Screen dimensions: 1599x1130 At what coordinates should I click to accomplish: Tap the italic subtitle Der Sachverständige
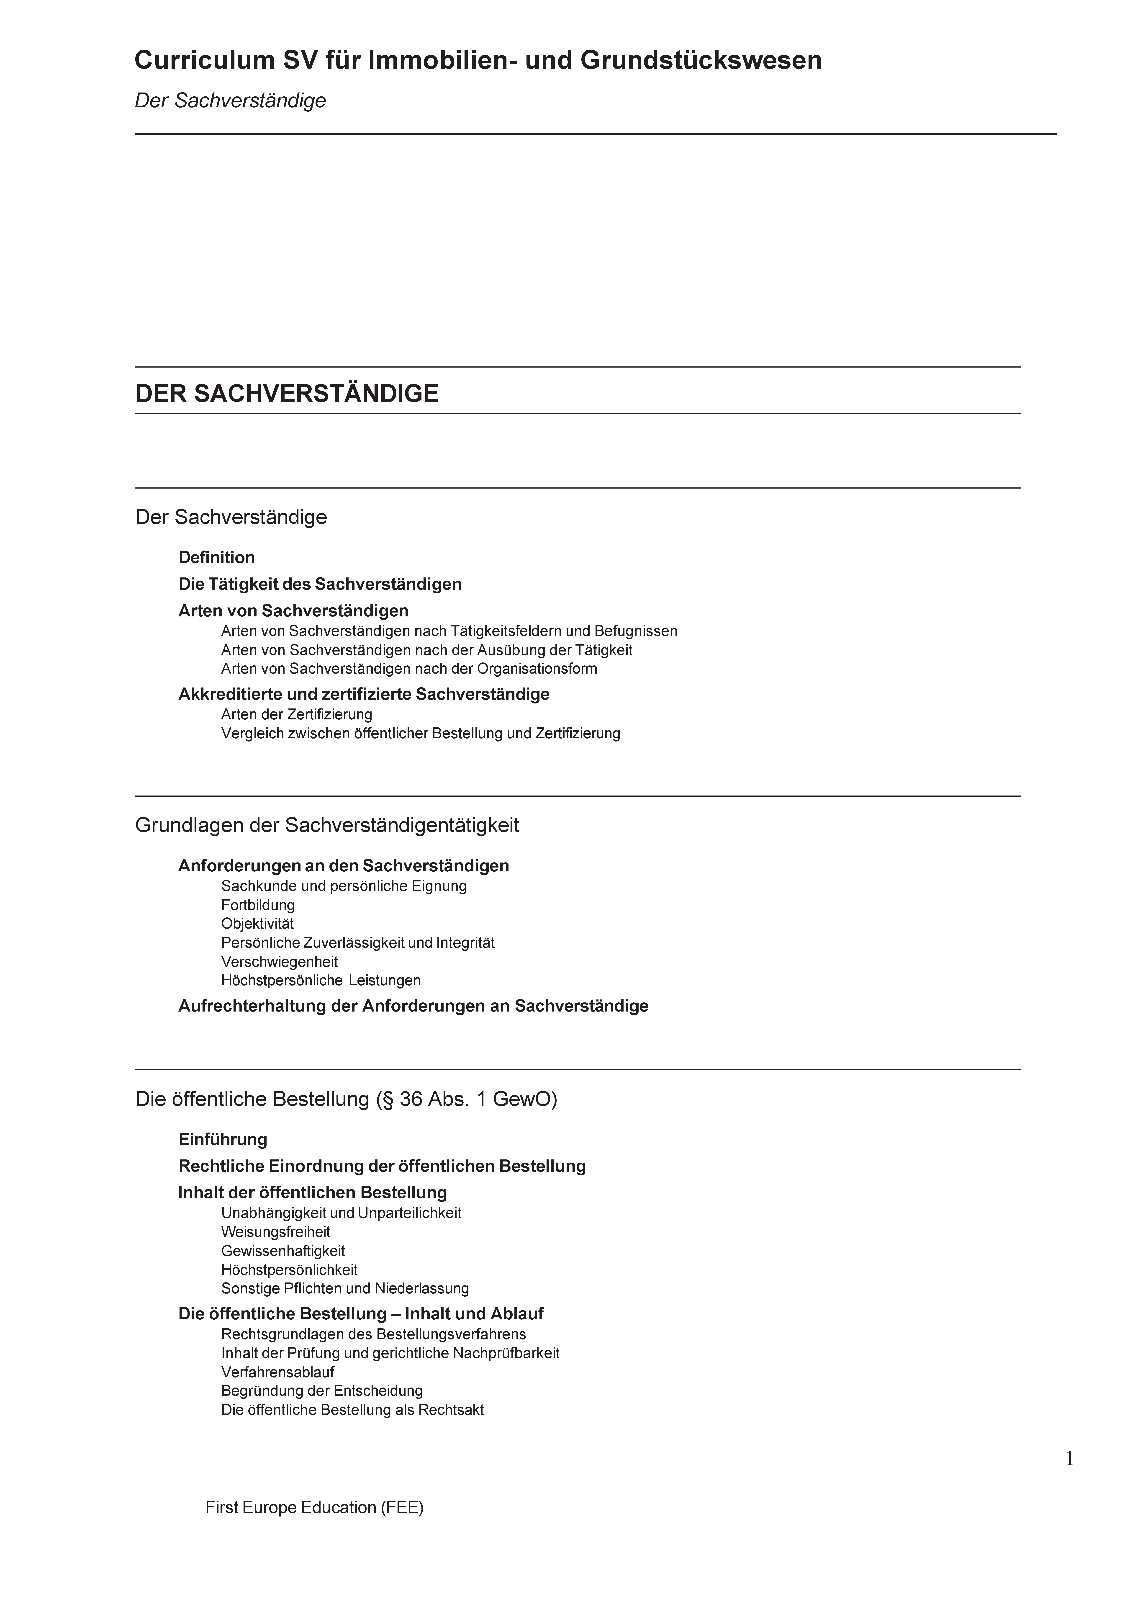point(230,101)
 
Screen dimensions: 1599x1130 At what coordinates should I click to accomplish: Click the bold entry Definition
point(216,557)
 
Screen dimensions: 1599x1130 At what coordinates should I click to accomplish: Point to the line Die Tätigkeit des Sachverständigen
point(320,584)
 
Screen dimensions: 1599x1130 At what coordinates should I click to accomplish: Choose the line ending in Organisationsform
point(409,669)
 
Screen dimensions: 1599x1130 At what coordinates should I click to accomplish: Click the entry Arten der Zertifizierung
point(297,715)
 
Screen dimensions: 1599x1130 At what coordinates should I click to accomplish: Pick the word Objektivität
point(258,924)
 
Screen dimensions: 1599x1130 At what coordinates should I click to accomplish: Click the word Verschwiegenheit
point(279,962)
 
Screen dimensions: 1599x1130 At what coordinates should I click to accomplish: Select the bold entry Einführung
point(223,1139)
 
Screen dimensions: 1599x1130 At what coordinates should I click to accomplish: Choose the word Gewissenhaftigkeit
point(283,1251)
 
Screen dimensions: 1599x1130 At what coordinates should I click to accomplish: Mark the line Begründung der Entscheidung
point(322,1391)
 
